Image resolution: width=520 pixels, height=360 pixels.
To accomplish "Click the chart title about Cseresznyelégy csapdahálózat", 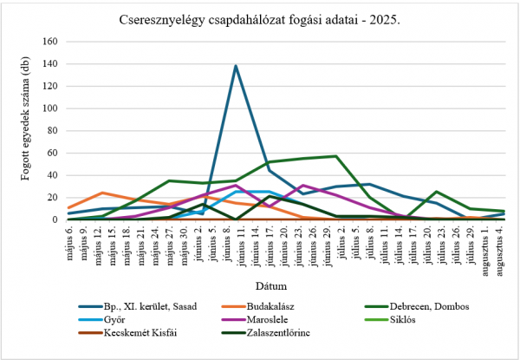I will click(x=260, y=18).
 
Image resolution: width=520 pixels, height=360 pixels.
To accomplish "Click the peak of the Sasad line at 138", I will click(x=236, y=66).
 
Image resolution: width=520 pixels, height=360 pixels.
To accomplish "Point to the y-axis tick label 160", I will click(x=52, y=42).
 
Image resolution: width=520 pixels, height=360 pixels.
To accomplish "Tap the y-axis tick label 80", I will click(x=55, y=131).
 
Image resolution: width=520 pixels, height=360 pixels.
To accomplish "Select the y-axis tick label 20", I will click(x=55, y=198).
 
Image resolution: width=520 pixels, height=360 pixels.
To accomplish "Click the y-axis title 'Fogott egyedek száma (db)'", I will click(x=27, y=130).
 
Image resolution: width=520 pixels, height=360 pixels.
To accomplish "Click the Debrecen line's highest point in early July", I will click(x=335, y=156).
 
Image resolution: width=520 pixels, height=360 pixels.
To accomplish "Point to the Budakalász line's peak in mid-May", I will click(x=103, y=193).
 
